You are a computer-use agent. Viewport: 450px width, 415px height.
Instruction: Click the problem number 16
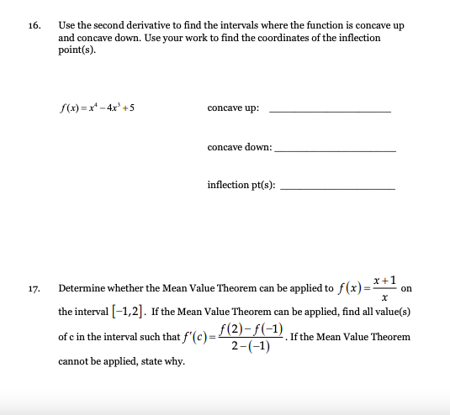34,25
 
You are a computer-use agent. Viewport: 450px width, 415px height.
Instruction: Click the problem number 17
34,288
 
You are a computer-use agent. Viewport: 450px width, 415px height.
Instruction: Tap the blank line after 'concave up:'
330,112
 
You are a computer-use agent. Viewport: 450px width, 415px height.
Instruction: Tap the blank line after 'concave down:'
335,150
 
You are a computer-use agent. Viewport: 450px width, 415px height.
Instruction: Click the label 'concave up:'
233,108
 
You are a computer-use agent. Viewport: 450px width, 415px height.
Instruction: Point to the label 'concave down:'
239,146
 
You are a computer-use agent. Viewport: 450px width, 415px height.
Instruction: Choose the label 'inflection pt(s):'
241,185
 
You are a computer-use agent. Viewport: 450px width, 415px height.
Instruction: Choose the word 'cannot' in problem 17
71,362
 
